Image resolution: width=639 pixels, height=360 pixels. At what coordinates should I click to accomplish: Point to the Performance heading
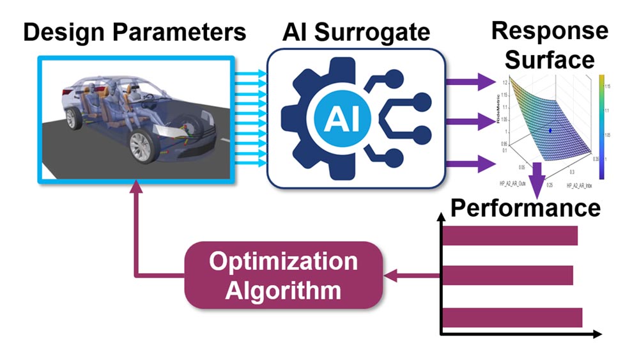click(x=525, y=208)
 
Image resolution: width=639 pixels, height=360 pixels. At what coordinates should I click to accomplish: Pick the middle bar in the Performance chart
click(x=507, y=276)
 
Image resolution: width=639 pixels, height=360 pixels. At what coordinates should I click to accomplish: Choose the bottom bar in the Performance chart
click(x=512, y=317)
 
